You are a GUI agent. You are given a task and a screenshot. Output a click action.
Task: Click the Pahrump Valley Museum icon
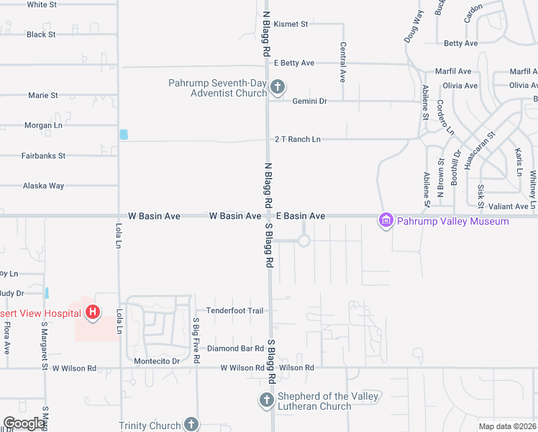pos(386,220)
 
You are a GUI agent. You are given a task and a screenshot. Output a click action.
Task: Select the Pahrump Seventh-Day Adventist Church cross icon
pos(278,88)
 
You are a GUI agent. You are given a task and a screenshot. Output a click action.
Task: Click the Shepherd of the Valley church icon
pos(266,401)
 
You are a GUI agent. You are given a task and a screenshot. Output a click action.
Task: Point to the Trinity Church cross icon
pos(191,424)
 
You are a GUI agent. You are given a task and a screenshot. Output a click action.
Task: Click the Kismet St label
pos(291,24)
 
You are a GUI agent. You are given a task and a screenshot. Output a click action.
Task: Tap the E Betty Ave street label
pos(294,63)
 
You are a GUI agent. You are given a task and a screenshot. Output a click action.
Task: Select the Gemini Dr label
pos(309,102)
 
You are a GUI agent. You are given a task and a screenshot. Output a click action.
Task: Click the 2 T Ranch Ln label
pos(297,139)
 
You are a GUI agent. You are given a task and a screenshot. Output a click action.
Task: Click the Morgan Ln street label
pos(43,125)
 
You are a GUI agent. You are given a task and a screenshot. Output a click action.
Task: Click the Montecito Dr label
pos(155,361)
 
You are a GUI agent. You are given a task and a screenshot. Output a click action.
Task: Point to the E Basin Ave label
pos(301,216)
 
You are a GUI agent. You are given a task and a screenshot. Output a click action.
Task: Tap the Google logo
pos(24,423)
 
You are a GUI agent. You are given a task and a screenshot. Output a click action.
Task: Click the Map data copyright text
pos(506,426)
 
